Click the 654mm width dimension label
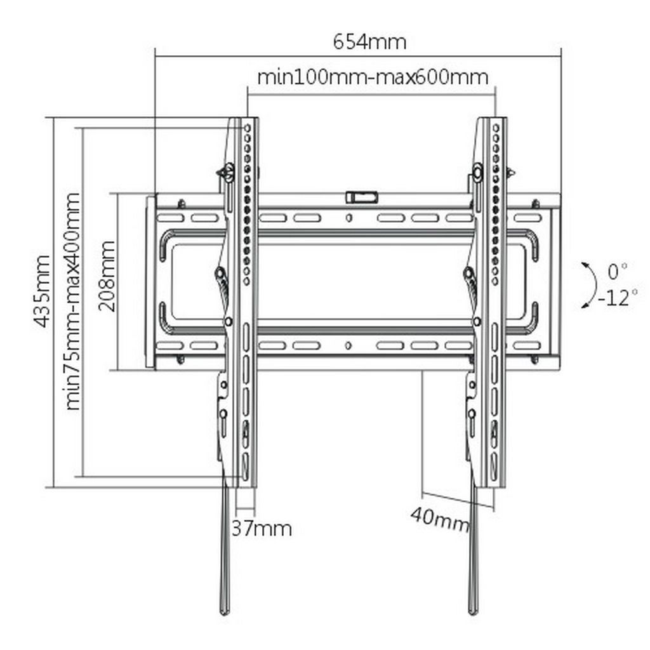pyautogui.click(x=370, y=43)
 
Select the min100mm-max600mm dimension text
pyautogui.click(x=373, y=77)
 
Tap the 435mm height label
pyautogui.click(x=43, y=291)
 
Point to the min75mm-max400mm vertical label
pyautogui.click(x=73, y=302)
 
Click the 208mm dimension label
pyautogui.click(x=107, y=275)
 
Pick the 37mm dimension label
pyautogui.click(x=262, y=529)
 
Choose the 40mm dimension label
pyautogui.click(x=441, y=520)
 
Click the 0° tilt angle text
pyautogui.click(x=617, y=272)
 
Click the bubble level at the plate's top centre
pyautogui.click(x=361, y=197)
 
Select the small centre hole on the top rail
pyautogui.click(x=348, y=217)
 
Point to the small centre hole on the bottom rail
pyautogui.click(x=348, y=345)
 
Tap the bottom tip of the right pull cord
pyautogui.click(x=472, y=612)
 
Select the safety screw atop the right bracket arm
pyautogui.click(x=478, y=171)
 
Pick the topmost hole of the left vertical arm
pyautogui.click(x=247, y=128)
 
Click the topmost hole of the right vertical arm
pyautogui.click(x=496, y=128)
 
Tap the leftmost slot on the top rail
pyautogui.click(x=170, y=218)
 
